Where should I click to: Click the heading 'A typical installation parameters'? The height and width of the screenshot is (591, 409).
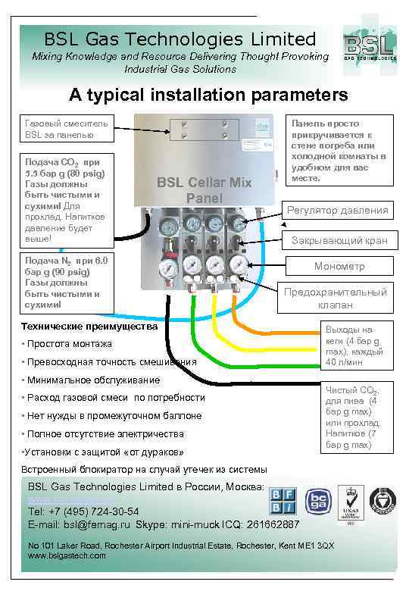point(208,95)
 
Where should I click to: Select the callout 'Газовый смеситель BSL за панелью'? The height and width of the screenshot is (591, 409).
point(67,128)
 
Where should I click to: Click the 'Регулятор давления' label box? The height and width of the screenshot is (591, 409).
point(337,210)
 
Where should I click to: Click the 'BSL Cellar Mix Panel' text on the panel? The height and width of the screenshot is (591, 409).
point(204,190)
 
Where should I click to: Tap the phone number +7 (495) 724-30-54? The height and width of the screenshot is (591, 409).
point(83,511)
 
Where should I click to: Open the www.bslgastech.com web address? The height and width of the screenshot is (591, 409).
point(67,555)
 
